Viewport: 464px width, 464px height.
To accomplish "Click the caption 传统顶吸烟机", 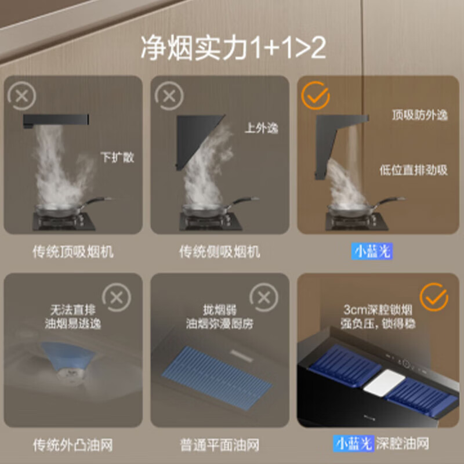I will pyautogui.click(x=74, y=252).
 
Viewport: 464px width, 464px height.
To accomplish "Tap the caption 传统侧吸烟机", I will pyautogui.click(x=220, y=252).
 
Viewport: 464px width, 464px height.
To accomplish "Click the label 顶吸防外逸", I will pyautogui.click(x=419, y=115).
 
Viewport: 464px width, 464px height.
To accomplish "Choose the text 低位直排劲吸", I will pyautogui.click(x=414, y=170).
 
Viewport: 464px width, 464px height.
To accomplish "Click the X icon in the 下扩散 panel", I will pyautogui.click(x=22, y=96).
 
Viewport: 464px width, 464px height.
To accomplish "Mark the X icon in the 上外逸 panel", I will pyautogui.click(x=169, y=96).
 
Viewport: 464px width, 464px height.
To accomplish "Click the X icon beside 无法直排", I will pyautogui.click(x=117, y=298).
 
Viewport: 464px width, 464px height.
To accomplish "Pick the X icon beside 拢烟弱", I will pyautogui.click(x=263, y=298).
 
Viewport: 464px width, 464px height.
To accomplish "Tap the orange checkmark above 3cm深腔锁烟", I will pyautogui.click(x=434, y=298).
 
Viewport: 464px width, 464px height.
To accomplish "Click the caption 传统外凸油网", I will pyautogui.click(x=72, y=445).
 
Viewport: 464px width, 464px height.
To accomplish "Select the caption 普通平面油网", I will pyautogui.click(x=220, y=445).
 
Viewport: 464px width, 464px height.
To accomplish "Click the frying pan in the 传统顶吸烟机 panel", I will pyautogui.click(x=64, y=207).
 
